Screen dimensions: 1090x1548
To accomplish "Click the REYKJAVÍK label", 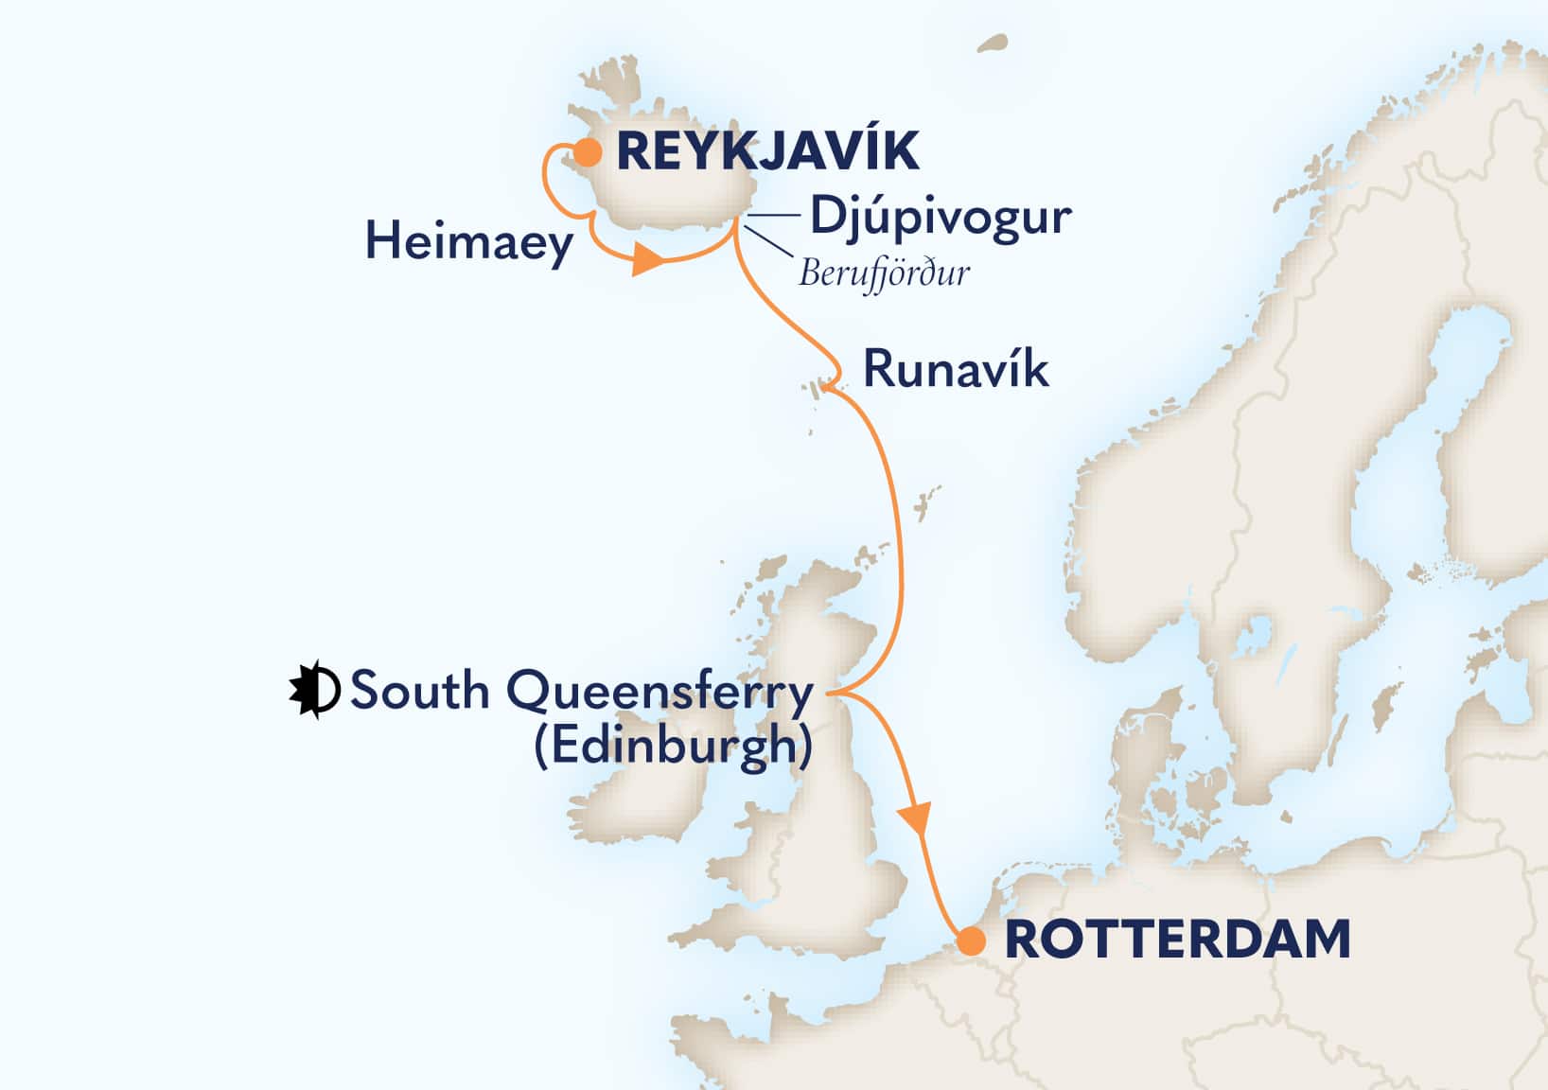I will [767, 151].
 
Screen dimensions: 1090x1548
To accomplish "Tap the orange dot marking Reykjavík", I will [588, 151].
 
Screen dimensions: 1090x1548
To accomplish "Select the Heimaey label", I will [469, 242].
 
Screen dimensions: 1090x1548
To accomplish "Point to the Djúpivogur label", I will [940, 218].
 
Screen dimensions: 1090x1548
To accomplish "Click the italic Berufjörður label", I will [884, 273].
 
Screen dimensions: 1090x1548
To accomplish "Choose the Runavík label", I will [956, 370].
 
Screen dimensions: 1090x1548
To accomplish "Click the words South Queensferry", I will [581, 692].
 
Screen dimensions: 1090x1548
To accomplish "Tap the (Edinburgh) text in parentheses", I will [673, 746].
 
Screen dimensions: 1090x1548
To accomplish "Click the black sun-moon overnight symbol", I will [314, 691].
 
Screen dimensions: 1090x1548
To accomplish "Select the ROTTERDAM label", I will [1176, 940].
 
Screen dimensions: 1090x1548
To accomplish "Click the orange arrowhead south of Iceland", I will [647, 260].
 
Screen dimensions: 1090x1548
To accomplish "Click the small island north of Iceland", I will [992, 44].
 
